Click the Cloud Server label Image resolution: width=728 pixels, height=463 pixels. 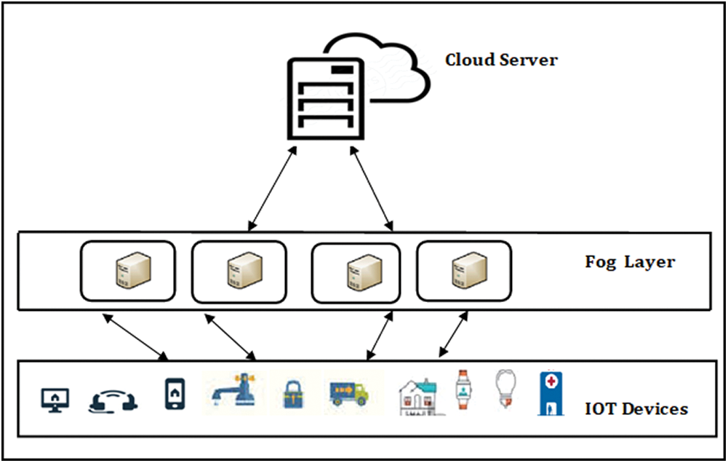[x=501, y=60]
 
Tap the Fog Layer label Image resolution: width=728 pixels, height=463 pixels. [x=630, y=262]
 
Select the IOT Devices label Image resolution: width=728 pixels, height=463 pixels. [x=636, y=409]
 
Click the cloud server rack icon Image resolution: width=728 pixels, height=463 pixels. [x=324, y=98]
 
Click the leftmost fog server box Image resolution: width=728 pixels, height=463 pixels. [x=128, y=271]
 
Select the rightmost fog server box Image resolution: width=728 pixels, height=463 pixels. [x=464, y=271]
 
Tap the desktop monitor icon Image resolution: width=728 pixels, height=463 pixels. [x=55, y=400]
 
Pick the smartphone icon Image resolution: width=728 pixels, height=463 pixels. [x=175, y=394]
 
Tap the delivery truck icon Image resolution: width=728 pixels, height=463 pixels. [x=348, y=394]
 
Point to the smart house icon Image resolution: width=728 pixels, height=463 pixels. [x=419, y=397]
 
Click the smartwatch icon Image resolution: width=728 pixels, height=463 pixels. [x=463, y=389]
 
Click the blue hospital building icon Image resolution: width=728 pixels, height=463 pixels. [x=551, y=393]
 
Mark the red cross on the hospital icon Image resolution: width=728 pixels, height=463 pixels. [x=551, y=381]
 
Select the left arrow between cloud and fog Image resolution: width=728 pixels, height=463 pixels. [x=272, y=189]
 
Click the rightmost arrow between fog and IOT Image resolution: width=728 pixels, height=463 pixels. [x=453, y=335]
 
